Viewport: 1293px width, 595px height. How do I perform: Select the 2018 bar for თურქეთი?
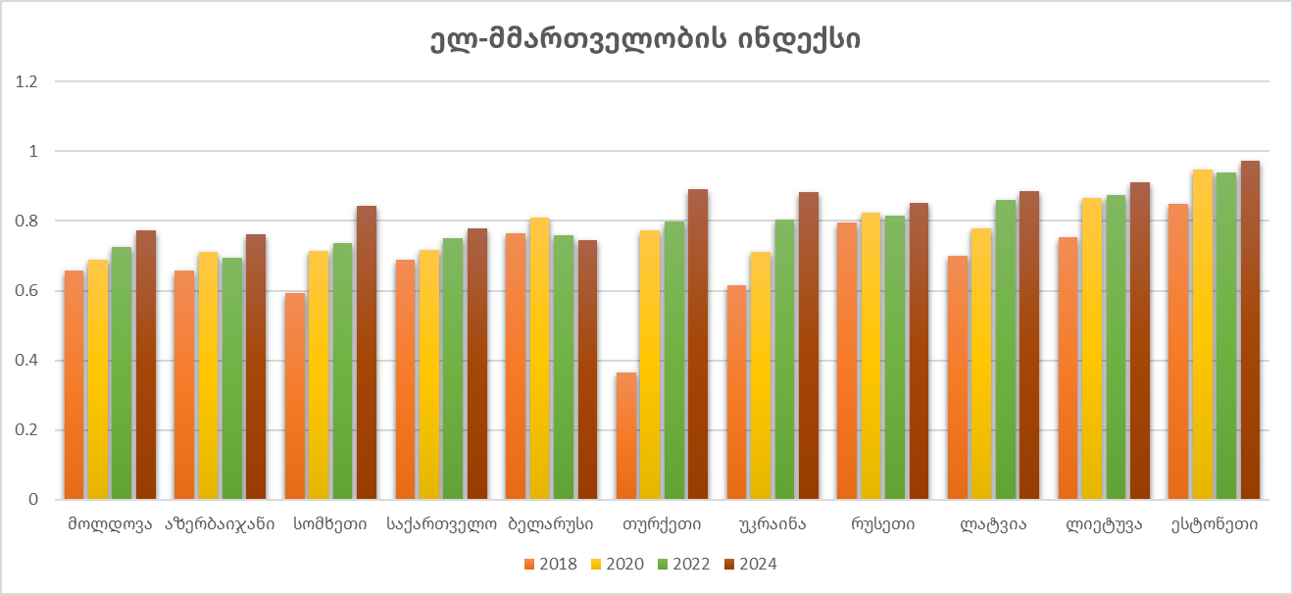pos(625,436)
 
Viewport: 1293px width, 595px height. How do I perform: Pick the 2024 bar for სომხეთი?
pos(366,353)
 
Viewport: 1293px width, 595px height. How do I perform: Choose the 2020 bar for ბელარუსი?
pos(539,359)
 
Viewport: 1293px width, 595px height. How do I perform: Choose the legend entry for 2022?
pos(683,564)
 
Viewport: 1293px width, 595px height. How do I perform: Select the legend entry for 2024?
pos(750,564)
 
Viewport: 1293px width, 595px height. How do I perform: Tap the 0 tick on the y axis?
pos(33,500)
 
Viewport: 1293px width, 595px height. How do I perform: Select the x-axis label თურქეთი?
pos(662,524)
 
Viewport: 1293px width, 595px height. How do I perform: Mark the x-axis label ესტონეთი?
pos(1215,524)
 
